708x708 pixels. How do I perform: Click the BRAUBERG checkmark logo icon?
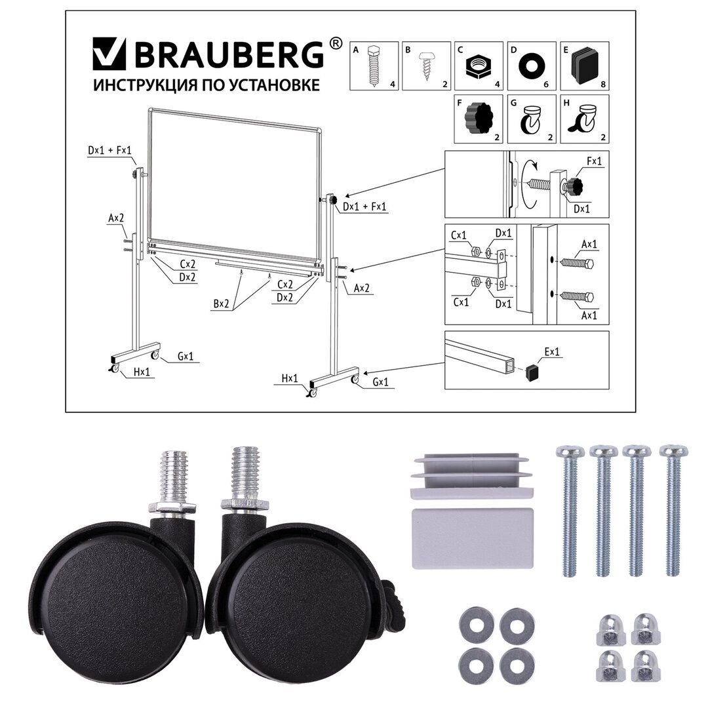pyautogui.click(x=109, y=54)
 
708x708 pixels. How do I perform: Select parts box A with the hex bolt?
pyautogui.click(x=374, y=66)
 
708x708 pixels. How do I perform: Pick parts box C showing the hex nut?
pyautogui.click(x=479, y=66)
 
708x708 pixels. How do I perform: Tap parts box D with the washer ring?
pyautogui.click(x=531, y=66)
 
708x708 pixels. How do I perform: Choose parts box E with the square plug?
pyautogui.click(x=584, y=66)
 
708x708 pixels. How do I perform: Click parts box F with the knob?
pyautogui.click(x=479, y=119)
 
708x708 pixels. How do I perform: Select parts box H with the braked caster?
pyautogui.click(x=584, y=119)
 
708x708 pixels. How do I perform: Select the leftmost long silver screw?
pyautogui.click(x=568, y=511)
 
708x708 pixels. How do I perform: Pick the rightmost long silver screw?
pyautogui.click(x=673, y=511)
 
